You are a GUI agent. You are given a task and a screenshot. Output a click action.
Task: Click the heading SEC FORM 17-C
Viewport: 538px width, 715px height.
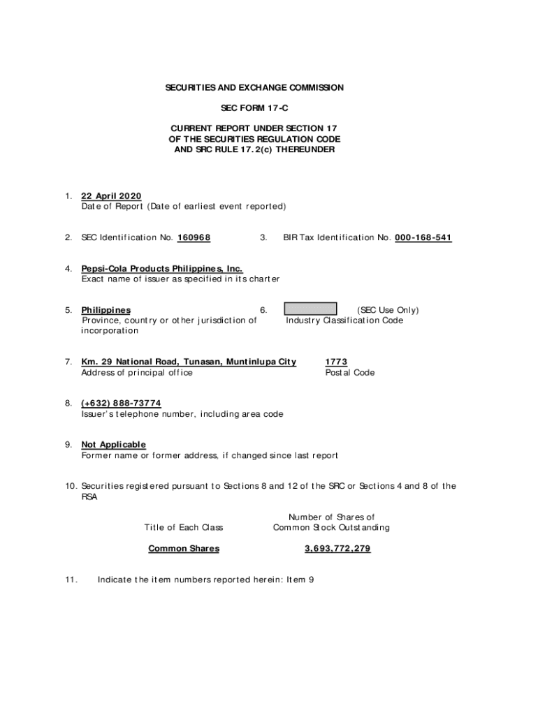coord(254,108)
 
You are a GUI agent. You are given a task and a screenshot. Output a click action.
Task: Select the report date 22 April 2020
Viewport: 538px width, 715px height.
coord(111,196)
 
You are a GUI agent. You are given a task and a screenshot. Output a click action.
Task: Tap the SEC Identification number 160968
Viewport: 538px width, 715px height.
coord(194,238)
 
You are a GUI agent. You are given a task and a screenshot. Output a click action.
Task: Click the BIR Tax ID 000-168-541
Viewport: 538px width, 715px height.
coord(423,238)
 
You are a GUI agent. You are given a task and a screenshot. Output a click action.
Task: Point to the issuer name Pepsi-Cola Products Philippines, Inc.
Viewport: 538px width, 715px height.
coord(162,269)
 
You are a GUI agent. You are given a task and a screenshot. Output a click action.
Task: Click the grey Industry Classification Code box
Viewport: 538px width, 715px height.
coord(310,309)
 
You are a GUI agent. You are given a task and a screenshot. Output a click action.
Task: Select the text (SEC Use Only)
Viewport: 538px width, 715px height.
coord(388,310)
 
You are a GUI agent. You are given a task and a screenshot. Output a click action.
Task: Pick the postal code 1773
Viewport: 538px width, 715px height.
coord(336,362)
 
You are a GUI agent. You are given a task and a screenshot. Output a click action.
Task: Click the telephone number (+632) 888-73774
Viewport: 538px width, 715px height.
coord(121,403)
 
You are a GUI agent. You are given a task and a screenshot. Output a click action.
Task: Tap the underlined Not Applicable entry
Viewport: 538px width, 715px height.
coord(113,445)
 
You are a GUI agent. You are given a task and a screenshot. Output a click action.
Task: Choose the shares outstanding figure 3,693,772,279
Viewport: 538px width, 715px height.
coord(337,549)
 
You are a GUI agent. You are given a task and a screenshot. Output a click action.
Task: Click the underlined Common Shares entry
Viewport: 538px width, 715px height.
coord(184,549)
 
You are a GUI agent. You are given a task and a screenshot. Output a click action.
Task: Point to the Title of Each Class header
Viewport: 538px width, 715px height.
coord(184,528)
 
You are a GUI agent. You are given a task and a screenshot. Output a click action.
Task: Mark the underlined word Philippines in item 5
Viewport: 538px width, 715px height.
coord(106,310)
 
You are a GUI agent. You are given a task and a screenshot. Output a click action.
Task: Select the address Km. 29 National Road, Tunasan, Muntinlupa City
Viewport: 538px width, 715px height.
coord(189,362)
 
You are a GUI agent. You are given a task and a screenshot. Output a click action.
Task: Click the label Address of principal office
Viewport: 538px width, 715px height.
coord(137,373)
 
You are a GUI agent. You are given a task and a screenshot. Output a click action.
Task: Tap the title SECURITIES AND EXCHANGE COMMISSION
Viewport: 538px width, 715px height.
coord(254,88)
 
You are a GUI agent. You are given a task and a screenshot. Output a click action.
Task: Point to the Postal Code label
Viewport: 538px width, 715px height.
coord(349,373)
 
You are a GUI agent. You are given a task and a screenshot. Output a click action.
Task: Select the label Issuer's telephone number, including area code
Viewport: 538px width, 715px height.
coord(182,414)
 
